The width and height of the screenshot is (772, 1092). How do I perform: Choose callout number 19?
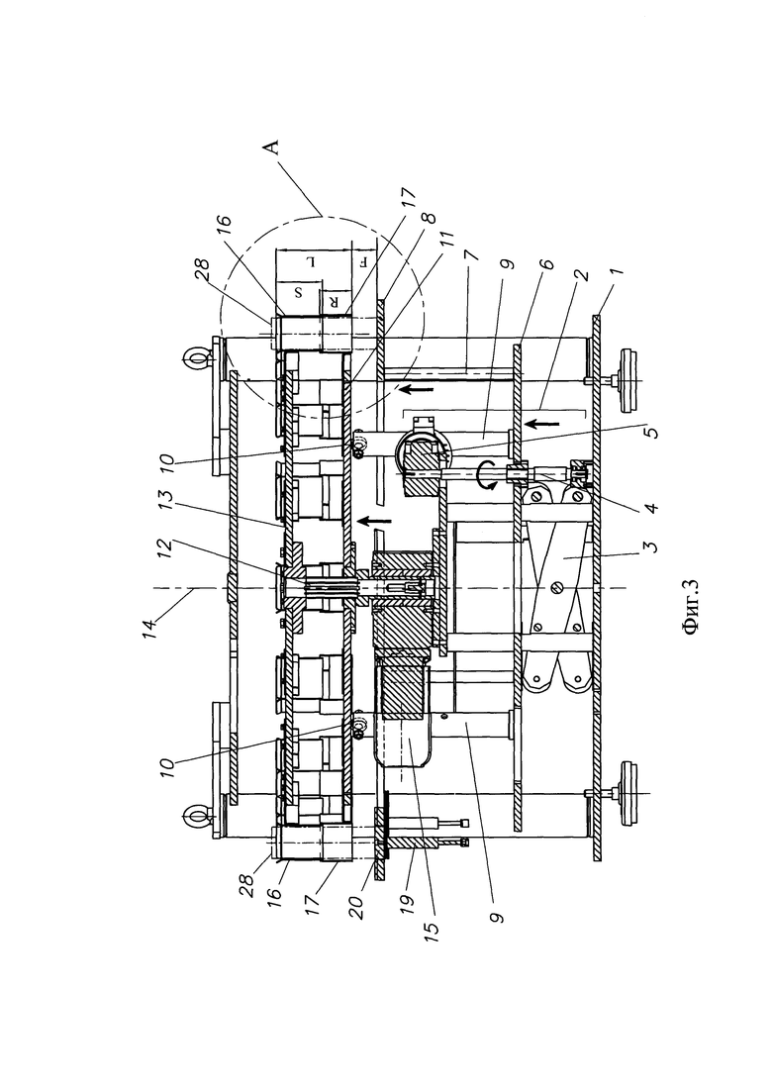coord(407,901)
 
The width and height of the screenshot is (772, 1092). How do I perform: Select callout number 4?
coord(649,506)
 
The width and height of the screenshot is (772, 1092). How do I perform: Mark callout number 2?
coord(582,274)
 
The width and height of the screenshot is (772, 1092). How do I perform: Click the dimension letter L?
coord(314,261)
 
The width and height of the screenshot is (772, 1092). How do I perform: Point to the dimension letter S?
coord(298,292)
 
